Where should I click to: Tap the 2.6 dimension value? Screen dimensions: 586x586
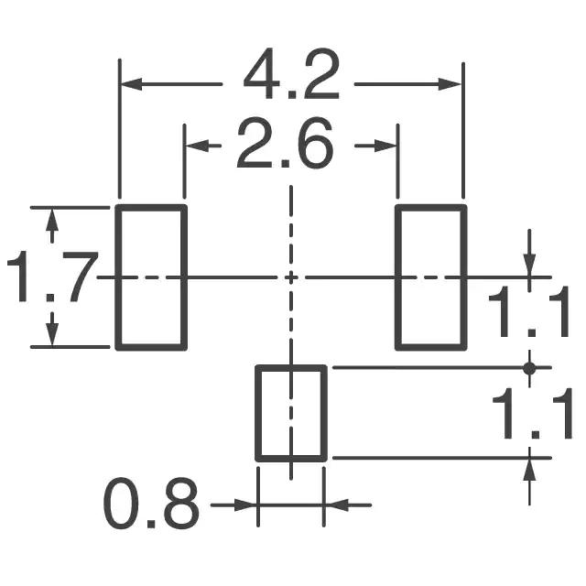(x=285, y=145)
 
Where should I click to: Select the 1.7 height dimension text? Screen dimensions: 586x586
(x=51, y=277)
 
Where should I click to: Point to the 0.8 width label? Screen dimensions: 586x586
(x=151, y=503)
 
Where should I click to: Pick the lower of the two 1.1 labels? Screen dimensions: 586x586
(x=532, y=414)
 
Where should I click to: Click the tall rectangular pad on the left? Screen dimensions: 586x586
(x=151, y=277)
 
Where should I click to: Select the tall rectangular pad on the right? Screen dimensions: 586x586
(x=430, y=277)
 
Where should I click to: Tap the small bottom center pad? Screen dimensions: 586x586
(x=291, y=413)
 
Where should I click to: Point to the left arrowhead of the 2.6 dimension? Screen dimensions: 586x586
(x=194, y=146)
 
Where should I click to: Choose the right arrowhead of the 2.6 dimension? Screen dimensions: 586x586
(x=388, y=146)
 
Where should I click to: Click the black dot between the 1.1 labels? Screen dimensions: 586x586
(x=528, y=367)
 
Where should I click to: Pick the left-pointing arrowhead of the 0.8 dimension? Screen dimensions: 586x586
(x=335, y=504)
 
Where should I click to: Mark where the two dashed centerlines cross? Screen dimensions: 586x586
(x=291, y=277)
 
